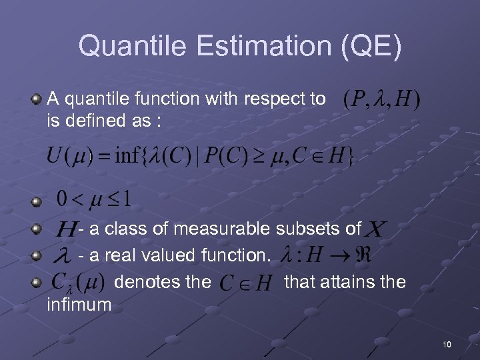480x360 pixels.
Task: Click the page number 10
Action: (x=447, y=344)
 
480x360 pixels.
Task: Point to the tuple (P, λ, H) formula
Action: (x=381, y=100)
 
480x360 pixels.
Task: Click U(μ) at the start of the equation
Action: (x=69, y=157)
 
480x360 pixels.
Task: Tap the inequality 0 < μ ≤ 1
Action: (x=93, y=199)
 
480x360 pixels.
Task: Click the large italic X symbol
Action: (x=375, y=230)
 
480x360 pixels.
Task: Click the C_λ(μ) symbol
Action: (x=77, y=283)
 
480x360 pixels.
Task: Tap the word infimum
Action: (x=79, y=305)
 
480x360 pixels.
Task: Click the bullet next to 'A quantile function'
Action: (x=37, y=99)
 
